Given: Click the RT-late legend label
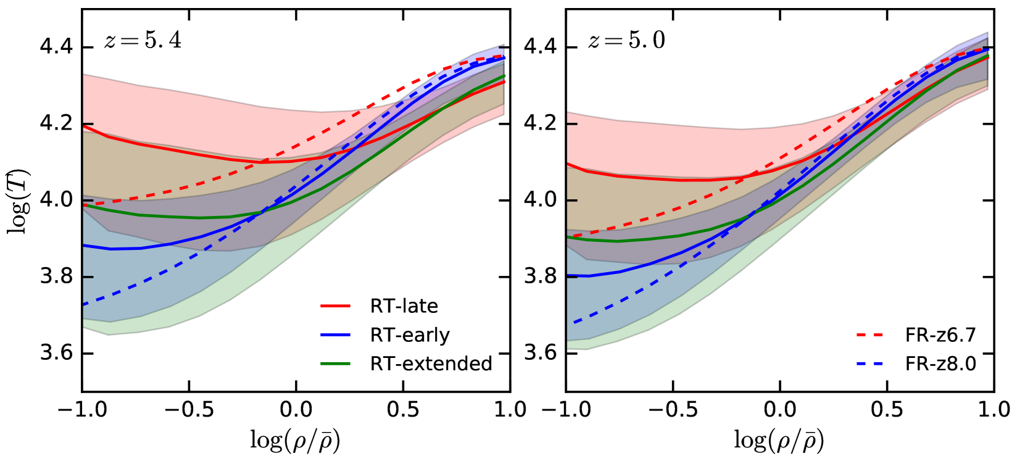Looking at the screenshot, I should coord(404,306).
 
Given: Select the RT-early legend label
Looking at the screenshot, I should coord(410,335).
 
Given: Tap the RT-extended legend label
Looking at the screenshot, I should coord(431,363).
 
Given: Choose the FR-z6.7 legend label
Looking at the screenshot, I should coord(940,335).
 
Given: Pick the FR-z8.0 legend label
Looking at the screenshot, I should coord(940,363).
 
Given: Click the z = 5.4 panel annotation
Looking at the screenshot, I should coord(143,41).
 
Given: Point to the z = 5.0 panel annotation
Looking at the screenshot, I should coord(627,41).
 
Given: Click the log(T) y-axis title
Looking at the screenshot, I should coord(19,201).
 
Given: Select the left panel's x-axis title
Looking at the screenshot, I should coord(296,440).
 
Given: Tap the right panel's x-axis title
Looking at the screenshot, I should coord(779,440).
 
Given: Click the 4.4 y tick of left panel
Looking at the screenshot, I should coord(56,47).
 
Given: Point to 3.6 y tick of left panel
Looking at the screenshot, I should coord(56,353).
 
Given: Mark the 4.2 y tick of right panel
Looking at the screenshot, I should coord(540,123).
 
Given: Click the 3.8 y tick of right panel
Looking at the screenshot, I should coord(540,276).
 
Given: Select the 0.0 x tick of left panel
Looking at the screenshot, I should coord(296,409).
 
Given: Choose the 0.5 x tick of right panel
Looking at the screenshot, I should coord(887,409).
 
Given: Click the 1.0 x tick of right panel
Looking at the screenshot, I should coord(994,409).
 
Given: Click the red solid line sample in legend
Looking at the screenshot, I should coord(336,306).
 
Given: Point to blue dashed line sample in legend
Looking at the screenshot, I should coord(870,363).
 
